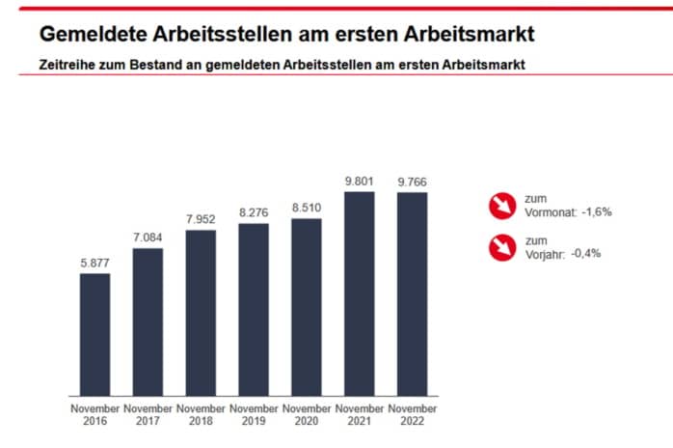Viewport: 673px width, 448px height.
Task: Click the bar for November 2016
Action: pyautogui.click(x=94, y=334)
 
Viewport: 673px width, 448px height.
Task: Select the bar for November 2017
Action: pyautogui.click(x=148, y=322)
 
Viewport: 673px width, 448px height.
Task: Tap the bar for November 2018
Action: pyautogui.click(x=201, y=313)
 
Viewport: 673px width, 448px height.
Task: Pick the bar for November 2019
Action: pyautogui.click(x=254, y=309)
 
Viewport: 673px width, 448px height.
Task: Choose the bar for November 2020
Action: pyautogui.click(x=306, y=307)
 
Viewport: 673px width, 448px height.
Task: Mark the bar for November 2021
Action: pyautogui.click(x=359, y=294)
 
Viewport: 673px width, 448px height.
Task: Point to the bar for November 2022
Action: pyautogui.click(x=411, y=294)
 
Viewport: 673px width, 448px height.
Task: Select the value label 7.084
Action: pyautogui.click(x=148, y=238)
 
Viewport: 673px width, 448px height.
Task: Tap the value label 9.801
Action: pyautogui.click(x=359, y=180)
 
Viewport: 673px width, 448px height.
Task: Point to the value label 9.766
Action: pyautogui.click(x=411, y=181)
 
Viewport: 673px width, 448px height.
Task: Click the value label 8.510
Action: pyautogui.click(x=306, y=207)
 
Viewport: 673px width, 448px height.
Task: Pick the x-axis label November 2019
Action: pyautogui.click(x=254, y=415)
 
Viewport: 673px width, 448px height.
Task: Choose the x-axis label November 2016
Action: pyautogui.click(x=94, y=415)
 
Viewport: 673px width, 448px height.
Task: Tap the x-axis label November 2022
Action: pyautogui.click(x=411, y=415)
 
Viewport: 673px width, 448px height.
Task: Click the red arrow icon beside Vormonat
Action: pyautogui.click(x=502, y=205)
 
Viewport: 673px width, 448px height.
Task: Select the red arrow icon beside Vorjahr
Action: pyautogui.click(x=502, y=247)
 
